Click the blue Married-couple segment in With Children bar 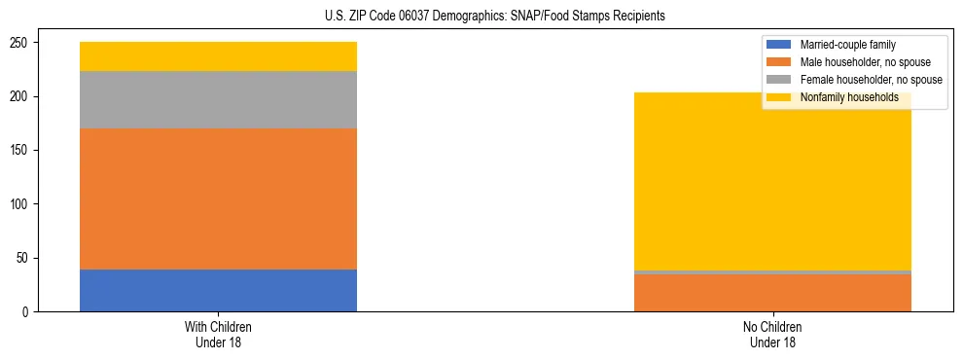pos(218,290)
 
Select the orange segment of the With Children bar pos(218,198)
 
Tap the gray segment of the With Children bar pos(218,99)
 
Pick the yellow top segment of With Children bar pos(218,56)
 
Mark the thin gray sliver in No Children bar pos(772,272)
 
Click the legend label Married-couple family pos(847,45)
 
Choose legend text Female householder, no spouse pos(871,80)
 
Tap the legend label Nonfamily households pos(849,97)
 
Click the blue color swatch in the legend pos(780,45)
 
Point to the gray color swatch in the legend pos(780,80)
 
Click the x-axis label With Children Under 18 pos(218,334)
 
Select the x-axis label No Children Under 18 pos(772,334)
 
